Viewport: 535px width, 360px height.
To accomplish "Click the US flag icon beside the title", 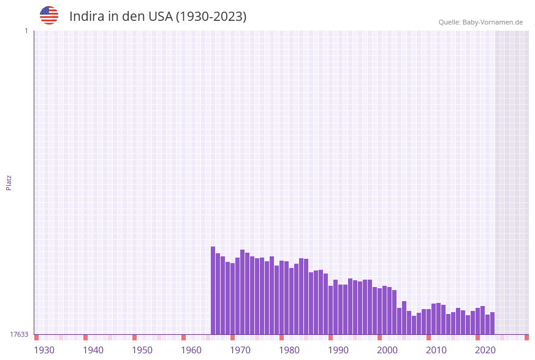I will pyautogui.click(x=49, y=15).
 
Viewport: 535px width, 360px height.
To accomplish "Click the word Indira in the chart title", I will pyautogui.click(x=86, y=17).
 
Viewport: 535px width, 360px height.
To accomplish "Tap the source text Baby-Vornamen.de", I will pyautogui.click(x=493, y=22).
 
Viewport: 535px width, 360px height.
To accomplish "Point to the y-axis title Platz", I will pyautogui.click(x=9, y=182).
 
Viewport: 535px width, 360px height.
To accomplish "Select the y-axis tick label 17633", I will pyautogui.click(x=19, y=334).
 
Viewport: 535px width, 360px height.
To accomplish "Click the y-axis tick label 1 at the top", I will pyautogui.click(x=26, y=31).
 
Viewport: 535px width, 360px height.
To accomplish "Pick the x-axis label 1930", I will pyautogui.click(x=44, y=350).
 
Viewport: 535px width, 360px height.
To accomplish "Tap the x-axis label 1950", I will pyautogui.click(x=142, y=350).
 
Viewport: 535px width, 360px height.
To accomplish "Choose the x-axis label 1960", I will pyautogui.click(x=191, y=350).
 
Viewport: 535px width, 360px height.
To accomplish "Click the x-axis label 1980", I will pyautogui.click(x=289, y=350).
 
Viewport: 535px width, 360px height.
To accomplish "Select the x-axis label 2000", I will pyautogui.click(x=387, y=350).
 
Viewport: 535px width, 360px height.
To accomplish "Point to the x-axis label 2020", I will pyautogui.click(x=485, y=350).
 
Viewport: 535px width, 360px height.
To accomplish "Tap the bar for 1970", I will pyautogui.click(x=242, y=292).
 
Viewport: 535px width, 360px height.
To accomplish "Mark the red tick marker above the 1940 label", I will pyautogui.click(x=86, y=337).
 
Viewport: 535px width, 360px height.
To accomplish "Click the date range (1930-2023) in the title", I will pyautogui.click(x=211, y=17).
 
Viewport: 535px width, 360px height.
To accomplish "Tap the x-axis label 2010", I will pyautogui.click(x=436, y=350).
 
